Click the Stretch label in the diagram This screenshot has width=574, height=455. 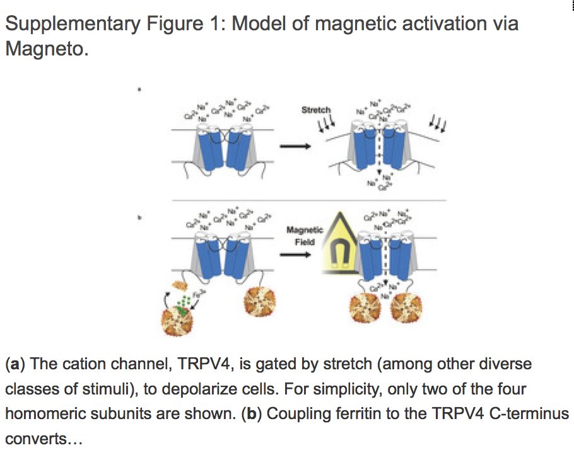316,110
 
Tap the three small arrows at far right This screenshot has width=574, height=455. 438,123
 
